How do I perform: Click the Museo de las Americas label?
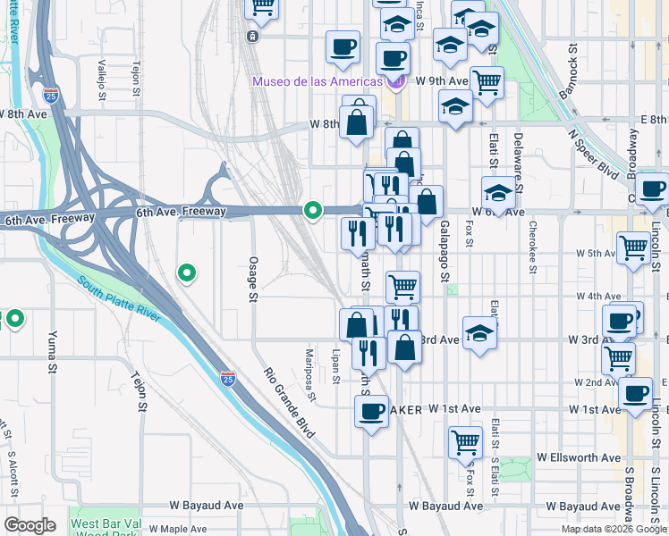point(318,81)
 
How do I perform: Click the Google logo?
point(30,524)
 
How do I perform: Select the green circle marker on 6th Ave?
point(313,211)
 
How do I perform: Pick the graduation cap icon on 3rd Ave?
point(480,333)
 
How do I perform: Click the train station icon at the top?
point(253,37)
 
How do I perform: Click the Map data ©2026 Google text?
point(614,529)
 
